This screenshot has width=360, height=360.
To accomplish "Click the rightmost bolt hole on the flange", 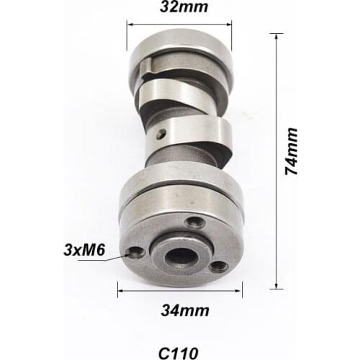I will point(218,266).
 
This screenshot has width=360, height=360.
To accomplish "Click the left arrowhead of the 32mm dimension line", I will point(130,24).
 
